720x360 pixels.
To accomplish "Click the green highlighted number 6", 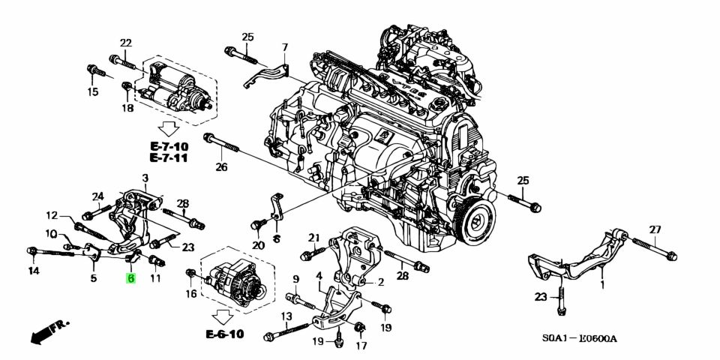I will point(131,278).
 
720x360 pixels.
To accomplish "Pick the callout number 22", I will point(125,43).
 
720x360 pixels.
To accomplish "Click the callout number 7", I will point(284,48).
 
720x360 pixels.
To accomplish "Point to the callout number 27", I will point(655,229).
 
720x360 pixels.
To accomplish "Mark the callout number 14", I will point(34,270).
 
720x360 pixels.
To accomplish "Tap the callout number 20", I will point(259,245).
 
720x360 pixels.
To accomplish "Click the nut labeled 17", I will point(360,327).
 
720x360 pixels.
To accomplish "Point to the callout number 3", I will point(145,177).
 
